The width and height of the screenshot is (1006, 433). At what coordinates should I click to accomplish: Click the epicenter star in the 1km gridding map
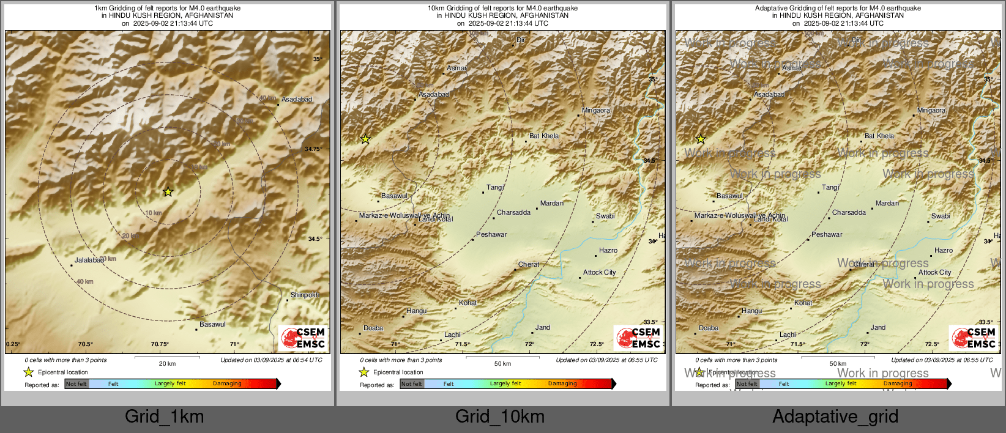pos(168,192)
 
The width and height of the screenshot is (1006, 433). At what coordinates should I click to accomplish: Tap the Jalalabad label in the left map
pos(89,261)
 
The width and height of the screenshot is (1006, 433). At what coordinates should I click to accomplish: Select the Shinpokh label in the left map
pos(305,295)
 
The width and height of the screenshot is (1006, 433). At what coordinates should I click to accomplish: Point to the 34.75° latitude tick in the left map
pos(313,149)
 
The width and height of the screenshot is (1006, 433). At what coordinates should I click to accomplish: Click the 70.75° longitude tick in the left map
pos(160,344)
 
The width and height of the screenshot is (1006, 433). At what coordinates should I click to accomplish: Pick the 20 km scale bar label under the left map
pos(167,364)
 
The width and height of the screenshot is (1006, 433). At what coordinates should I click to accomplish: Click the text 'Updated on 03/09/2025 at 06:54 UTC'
pos(271,360)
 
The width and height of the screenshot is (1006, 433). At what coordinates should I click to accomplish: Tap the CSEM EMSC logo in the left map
pos(302,338)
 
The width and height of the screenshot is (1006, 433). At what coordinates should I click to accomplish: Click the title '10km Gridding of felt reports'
pos(502,9)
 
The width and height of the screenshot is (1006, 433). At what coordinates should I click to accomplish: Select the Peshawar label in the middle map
pos(491,235)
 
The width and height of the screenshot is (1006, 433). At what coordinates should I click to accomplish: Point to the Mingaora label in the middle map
pos(595,111)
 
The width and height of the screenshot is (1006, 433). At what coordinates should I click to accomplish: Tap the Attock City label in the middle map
pos(599,273)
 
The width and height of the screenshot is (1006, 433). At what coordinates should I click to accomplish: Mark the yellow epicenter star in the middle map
pos(365,139)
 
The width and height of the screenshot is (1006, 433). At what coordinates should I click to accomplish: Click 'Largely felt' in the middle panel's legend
pos(505,384)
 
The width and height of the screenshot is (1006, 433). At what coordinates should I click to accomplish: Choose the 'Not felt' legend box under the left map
pos(76,384)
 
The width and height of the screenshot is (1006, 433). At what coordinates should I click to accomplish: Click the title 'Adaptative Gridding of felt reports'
pos(838,9)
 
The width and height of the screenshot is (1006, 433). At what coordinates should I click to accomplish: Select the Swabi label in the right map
pos(940,216)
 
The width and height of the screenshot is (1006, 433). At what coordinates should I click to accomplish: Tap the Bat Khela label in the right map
pos(879,136)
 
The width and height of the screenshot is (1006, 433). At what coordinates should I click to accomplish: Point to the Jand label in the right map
pos(878,328)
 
